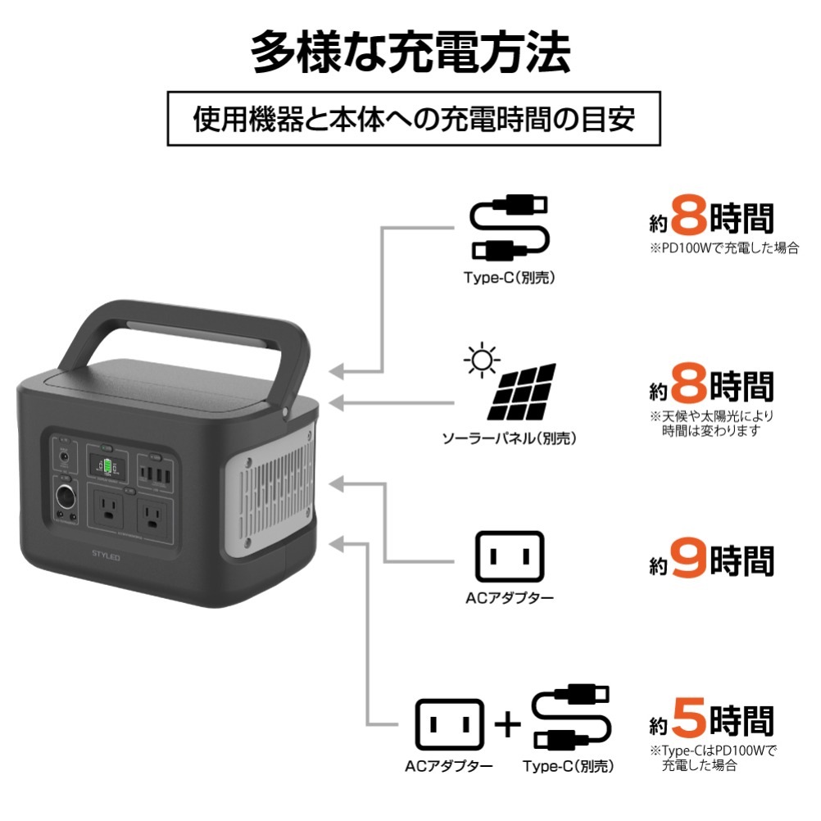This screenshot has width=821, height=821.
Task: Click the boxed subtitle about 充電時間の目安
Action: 414,120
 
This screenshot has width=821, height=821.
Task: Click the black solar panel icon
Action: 522,393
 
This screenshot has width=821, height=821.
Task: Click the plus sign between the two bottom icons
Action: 508,723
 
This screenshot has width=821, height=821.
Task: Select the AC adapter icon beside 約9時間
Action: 509,557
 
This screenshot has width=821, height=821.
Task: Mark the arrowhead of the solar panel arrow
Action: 335,402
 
